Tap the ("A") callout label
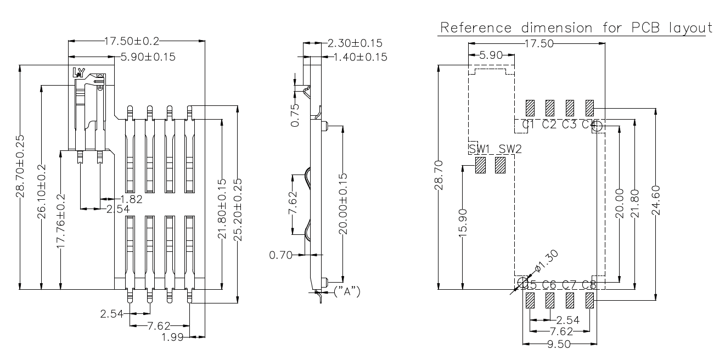[347, 291]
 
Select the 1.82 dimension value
[131, 199]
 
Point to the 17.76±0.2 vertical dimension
[61, 221]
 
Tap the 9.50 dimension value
[559, 345]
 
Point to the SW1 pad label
[480, 149]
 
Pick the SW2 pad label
[510, 149]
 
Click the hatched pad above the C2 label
[550, 106]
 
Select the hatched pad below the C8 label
[590, 300]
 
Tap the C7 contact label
[570, 285]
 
